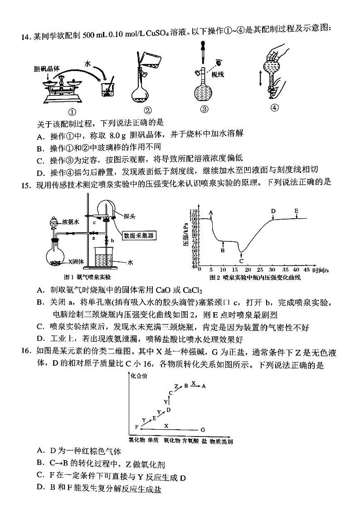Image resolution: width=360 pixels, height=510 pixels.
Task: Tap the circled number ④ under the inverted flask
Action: (273, 108)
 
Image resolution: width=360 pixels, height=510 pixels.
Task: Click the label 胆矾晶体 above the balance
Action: (47, 69)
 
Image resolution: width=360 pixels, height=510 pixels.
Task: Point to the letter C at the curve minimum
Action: (241, 261)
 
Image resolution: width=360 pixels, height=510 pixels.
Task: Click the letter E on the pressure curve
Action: (296, 211)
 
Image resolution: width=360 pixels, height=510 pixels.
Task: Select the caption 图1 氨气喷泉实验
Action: (87, 277)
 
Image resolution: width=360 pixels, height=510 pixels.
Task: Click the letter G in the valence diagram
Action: (203, 429)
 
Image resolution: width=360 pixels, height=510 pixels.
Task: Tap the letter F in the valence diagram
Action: (136, 427)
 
